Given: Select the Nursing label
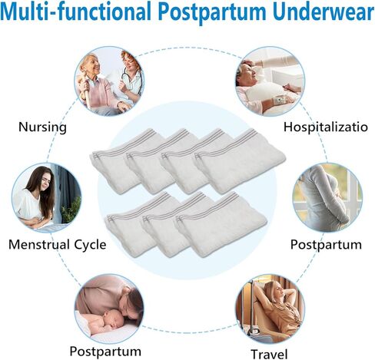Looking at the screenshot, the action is click(x=42, y=127).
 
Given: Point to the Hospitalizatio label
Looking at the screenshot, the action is click(x=326, y=127).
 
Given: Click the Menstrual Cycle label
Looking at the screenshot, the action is click(x=58, y=244).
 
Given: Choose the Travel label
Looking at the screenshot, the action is click(x=269, y=354).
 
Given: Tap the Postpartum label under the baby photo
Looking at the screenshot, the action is click(x=105, y=352).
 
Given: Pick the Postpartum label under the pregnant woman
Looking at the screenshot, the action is click(x=326, y=245).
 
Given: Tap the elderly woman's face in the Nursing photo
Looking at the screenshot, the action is click(x=91, y=64).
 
